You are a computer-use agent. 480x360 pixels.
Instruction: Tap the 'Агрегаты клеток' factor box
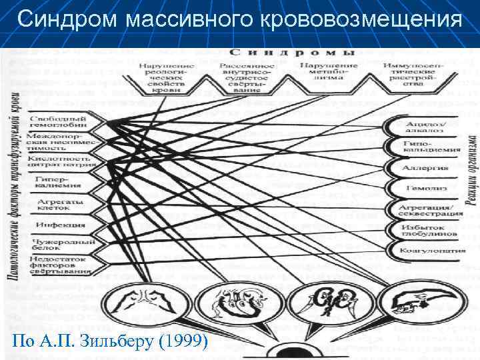pyautogui.click(x=56, y=203)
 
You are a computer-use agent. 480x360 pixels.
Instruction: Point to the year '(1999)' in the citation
pyautogui.click(x=181, y=342)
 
